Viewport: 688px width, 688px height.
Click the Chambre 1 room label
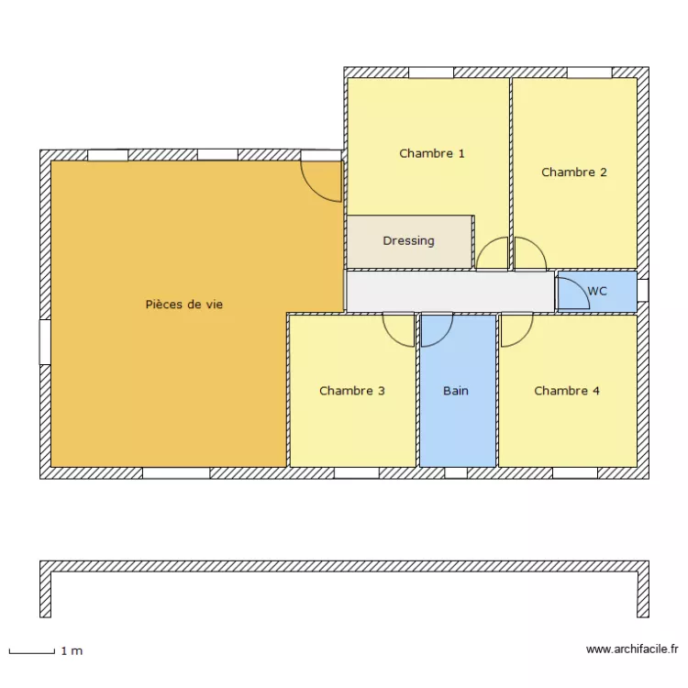[x=431, y=153]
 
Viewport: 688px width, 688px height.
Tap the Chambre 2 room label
[x=574, y=172]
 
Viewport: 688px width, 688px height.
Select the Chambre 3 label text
[x=351, y=391]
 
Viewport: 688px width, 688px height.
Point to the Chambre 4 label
[x=567, y=391]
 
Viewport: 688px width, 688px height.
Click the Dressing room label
[x=408, y=241]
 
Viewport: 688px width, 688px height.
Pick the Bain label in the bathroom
[x=456, y=391]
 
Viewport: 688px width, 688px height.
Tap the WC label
[x=597, y=291]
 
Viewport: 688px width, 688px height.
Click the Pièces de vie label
[x=184, y=305]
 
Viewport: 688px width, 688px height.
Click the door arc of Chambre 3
[x=399, y=330]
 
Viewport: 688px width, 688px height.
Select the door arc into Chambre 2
[x=529, y=253]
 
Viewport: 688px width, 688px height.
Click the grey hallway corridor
[x=449, y=292]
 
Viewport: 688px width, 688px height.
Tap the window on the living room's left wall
[x=44, y=341]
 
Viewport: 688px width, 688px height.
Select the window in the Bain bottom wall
[x=456, y=473]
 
